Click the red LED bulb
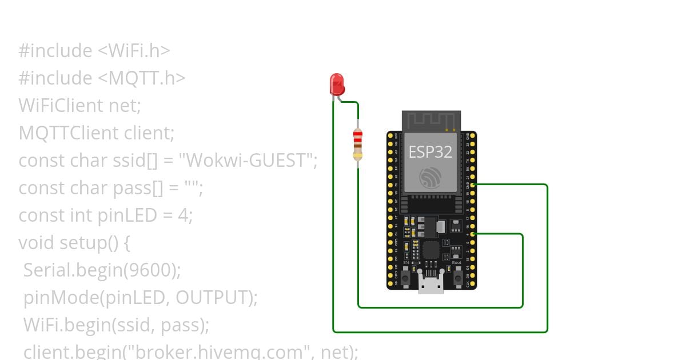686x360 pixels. [x=337, y=83]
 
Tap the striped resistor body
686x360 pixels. [x=358, y=143]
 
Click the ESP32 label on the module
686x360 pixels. [x=430, y=151]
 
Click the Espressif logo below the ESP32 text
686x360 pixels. [x=430, y=178]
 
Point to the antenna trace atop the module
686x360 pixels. [x=430, y=121]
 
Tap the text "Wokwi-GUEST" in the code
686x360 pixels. [x=248, y=161]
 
